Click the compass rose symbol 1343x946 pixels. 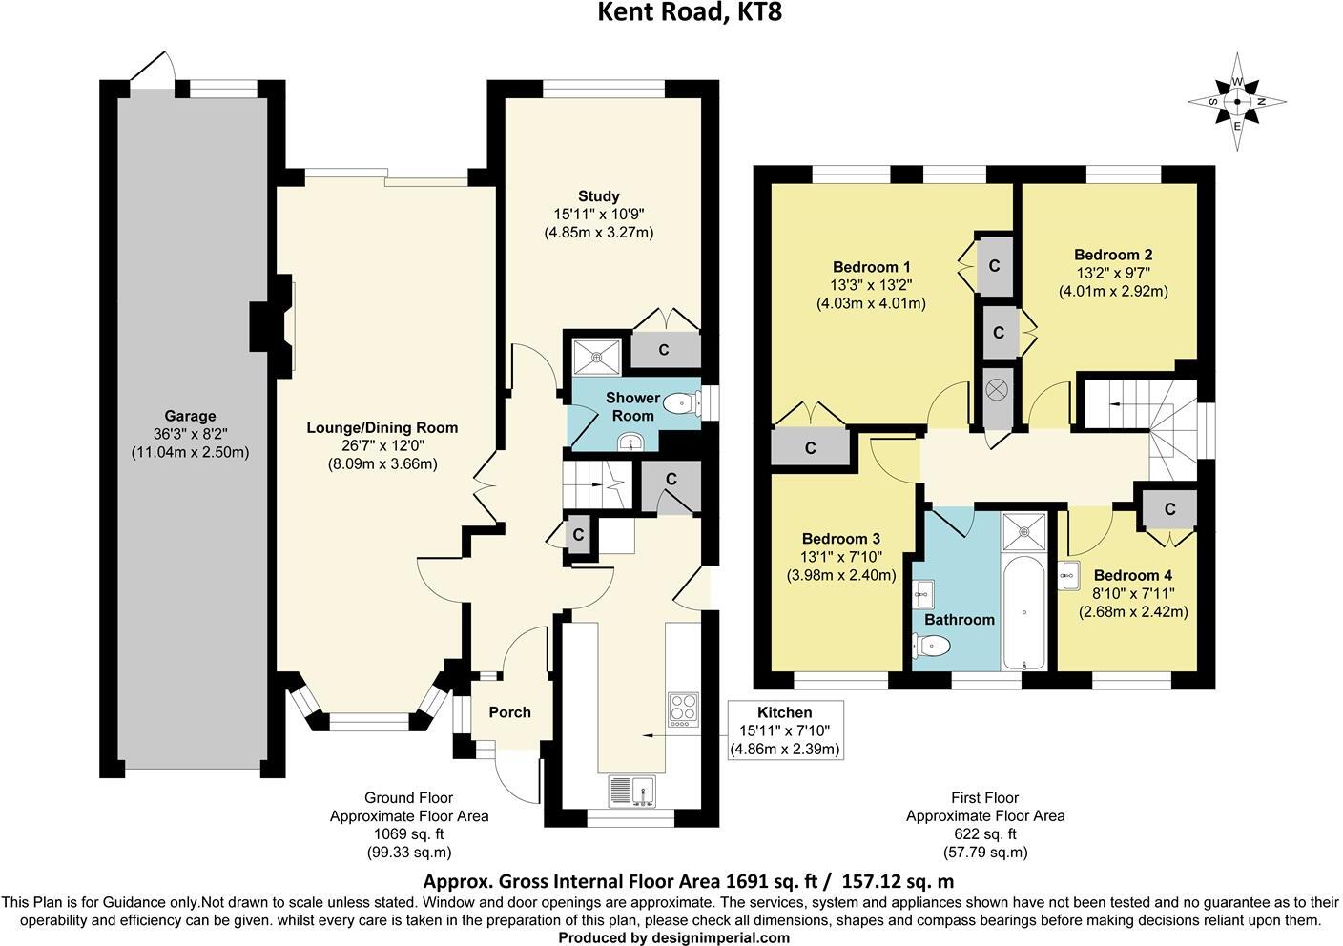click(x=1237, y=102)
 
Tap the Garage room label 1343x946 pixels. click(x=190, y=416)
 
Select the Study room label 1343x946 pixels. click(x=598, y=196)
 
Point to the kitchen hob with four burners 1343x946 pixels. click(x=684, y=710)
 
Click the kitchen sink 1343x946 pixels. click(x=632, y=791)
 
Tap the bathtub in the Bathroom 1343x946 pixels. click(x=1024, y=612)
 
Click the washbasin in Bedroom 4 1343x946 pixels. click(x=1069, y=575)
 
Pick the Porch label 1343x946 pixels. click(x=509, y=712)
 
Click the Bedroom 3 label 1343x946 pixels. click(x=841, y=539)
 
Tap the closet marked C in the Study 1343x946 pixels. click(x=664, y=349)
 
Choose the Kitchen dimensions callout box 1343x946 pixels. click(x=785, y=730)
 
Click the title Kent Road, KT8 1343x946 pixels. click(x=690, y=12)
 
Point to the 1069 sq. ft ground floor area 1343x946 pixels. click(x=409, y=833)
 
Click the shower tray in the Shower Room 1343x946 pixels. click(x=597, y=357)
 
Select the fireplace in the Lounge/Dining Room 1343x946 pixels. click(x=273, y=326)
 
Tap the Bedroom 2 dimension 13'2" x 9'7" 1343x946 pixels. click(x=1113, y=273)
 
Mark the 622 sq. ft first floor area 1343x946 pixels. click(x=985, y=833)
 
